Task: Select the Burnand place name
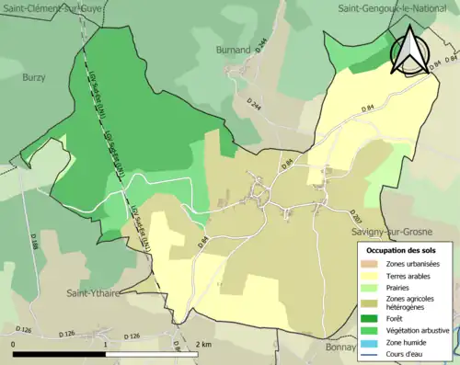point(233,49)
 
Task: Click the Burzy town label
point(34,78)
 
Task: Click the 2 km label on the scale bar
point(203,344)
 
